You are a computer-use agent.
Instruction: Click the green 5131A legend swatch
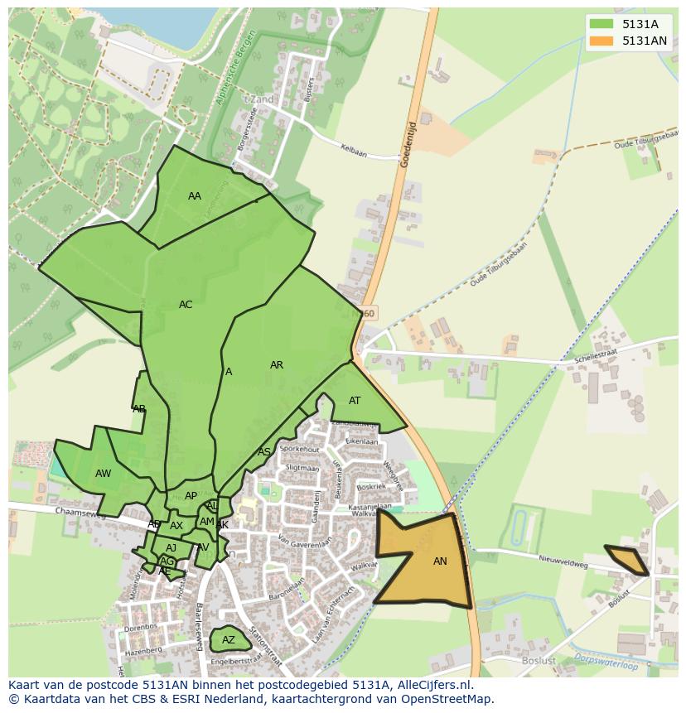point(602,25)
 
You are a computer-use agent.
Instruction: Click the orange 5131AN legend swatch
point(602,41)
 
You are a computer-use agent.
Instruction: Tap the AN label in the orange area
point(440,561)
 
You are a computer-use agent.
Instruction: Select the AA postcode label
point(195,196)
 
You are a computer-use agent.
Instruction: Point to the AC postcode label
point(186,305)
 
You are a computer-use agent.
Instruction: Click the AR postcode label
point(277,365)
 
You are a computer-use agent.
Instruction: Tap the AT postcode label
point(355,401)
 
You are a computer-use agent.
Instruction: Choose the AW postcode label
point(103,474)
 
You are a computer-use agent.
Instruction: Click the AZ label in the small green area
point(229,640)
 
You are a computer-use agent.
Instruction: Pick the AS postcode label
point(264,452)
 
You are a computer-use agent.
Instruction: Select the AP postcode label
point(191,496)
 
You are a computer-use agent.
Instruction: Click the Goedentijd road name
point(406,144)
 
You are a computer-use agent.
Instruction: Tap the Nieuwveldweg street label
point(563,561)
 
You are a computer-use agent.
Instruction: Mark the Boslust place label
point(539,661)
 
